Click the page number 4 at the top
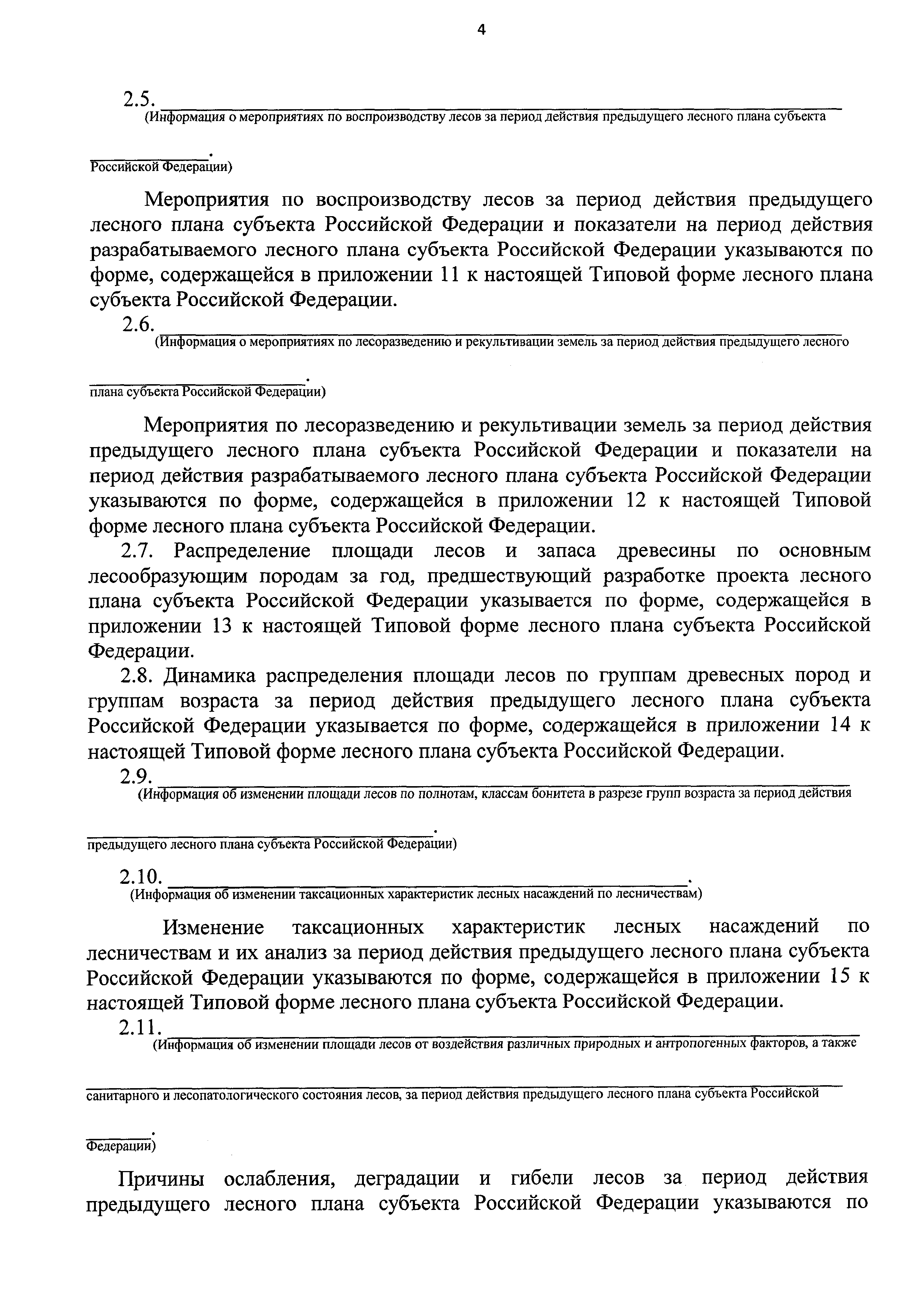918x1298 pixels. coord(481,29)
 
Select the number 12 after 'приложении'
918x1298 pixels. coord(637,500)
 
